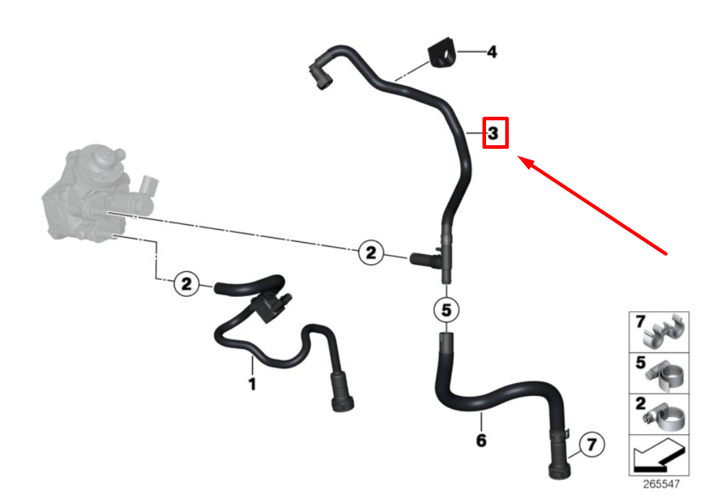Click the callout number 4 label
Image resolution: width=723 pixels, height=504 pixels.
pyautogui.click(x=491, y=52)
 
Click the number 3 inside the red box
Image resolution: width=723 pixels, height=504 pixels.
pyautogui.click(x=494, y=132)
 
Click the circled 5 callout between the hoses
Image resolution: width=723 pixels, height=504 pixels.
pyautogui.click(x=446, y=310)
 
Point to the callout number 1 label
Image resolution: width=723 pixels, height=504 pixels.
pyautogui.click(x=252, y=384)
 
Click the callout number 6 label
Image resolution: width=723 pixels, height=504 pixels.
pyautogui.click(x=481, y=441)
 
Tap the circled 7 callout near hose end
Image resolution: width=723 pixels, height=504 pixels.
pyautogui.click(x=590, y=446)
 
